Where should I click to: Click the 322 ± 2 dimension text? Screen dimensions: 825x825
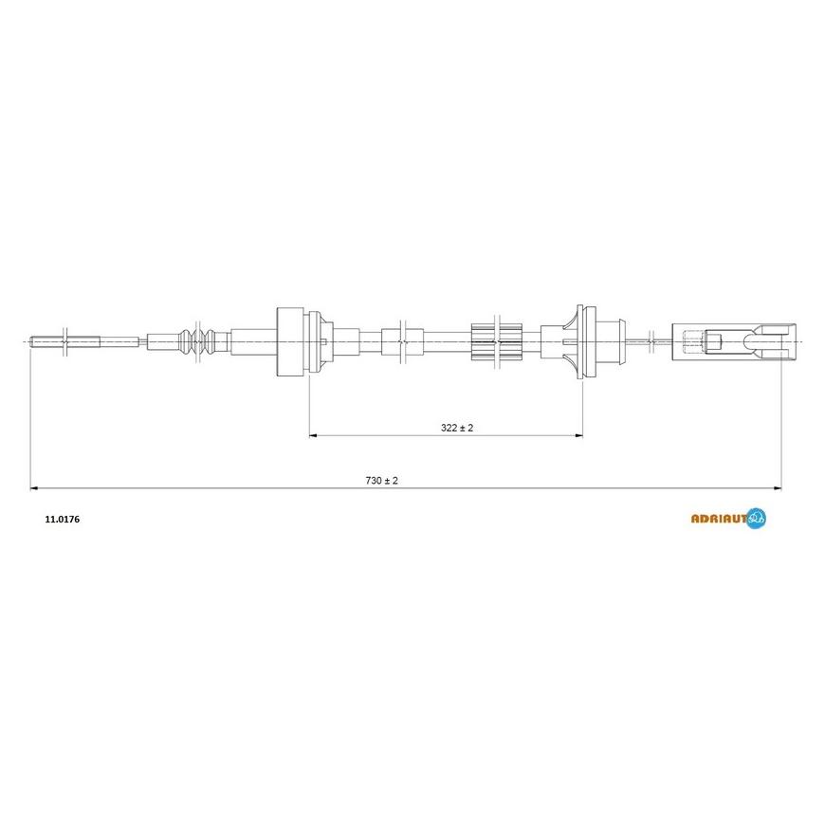pos(457,428)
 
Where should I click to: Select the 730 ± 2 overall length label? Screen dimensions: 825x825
pos(381,481)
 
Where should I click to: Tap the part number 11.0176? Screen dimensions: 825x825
pos(63,520)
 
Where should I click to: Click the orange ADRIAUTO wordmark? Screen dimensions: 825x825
pos(719,519)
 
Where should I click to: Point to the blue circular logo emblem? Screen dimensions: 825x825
pos(756,519)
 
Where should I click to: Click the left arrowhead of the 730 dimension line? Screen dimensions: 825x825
pos(35,488)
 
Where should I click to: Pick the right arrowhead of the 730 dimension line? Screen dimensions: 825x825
pos(778,488)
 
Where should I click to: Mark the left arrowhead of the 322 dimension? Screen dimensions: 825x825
pos(313,435)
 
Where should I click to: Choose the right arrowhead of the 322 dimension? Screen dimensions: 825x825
pos(578,435)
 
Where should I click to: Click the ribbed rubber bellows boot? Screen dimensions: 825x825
pos(198,341)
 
